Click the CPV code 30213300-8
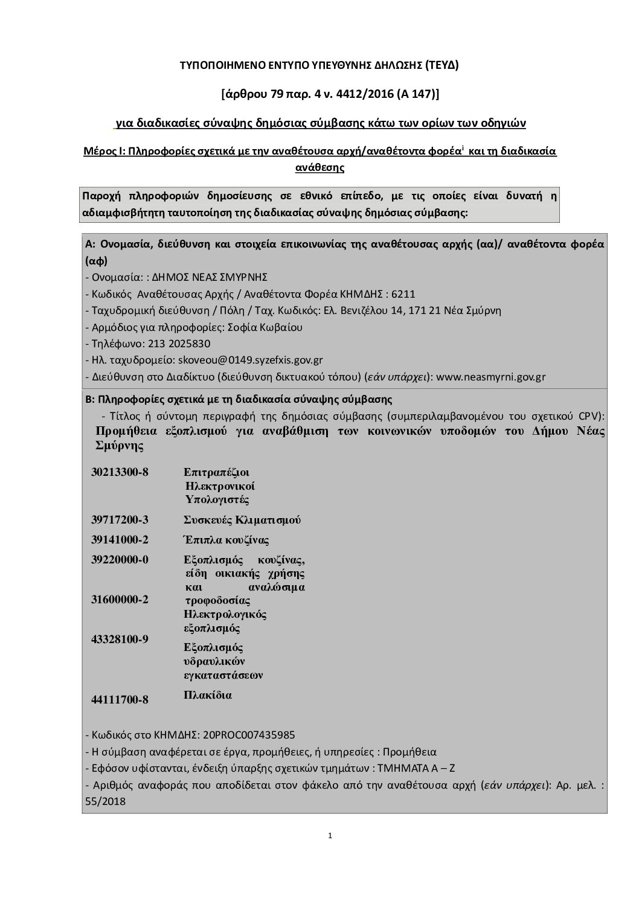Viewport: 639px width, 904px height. (x=120, y=472)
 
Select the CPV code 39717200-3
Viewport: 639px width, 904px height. (x=120, y=520)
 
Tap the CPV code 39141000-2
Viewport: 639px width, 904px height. (x=120, y=540)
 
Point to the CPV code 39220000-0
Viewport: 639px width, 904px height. (x=120, y=560)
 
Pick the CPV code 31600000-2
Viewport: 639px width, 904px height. (x=120, y=599)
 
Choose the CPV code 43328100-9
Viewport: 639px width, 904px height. (x=120, y=639)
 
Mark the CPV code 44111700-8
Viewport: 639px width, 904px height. (x=120, y=700)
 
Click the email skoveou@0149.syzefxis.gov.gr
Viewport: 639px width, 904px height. (x=249, y=360)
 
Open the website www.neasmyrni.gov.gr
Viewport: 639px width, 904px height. (x=490, y=377)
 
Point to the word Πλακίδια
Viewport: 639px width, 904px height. (x=208, y=695)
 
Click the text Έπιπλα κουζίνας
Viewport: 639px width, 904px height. (x=226, y=540)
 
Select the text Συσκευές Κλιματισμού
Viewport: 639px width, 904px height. (x=242, y=520)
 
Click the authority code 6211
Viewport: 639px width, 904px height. (x=403, y=294)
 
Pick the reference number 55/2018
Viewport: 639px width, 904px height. (x=106, y=801)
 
